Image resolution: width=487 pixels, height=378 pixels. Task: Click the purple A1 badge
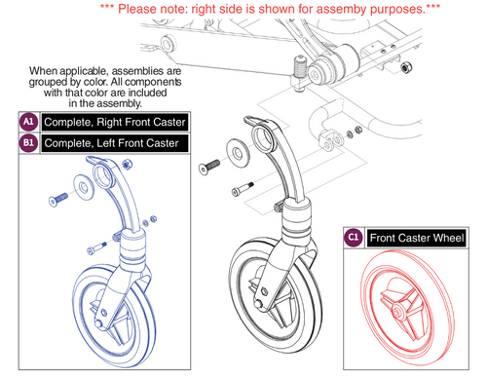pyautogui.click(x=28, y=122)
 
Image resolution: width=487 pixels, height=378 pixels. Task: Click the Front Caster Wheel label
pyautogui.click(x=418, y=237)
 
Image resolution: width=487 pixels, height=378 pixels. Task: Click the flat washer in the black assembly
pyautogui.click(x=238, y=151)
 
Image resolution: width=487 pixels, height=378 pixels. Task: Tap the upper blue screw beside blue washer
pyautogui.click(x=56, y=202)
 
